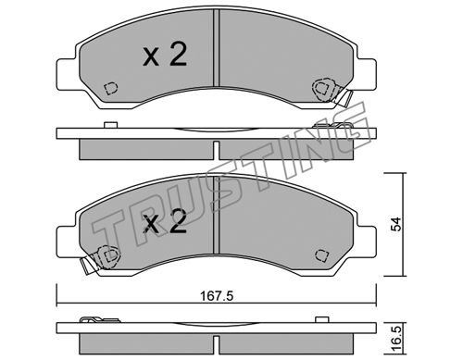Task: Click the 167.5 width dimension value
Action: (x=217, y=296)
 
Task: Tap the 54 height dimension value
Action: (x=396, y=224)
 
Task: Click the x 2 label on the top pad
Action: (x=165, y=55)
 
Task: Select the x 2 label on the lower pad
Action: (x=165, y=221)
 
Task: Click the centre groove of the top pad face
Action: (x=217, y=48)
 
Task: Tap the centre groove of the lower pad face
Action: (x=217, y=215)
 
